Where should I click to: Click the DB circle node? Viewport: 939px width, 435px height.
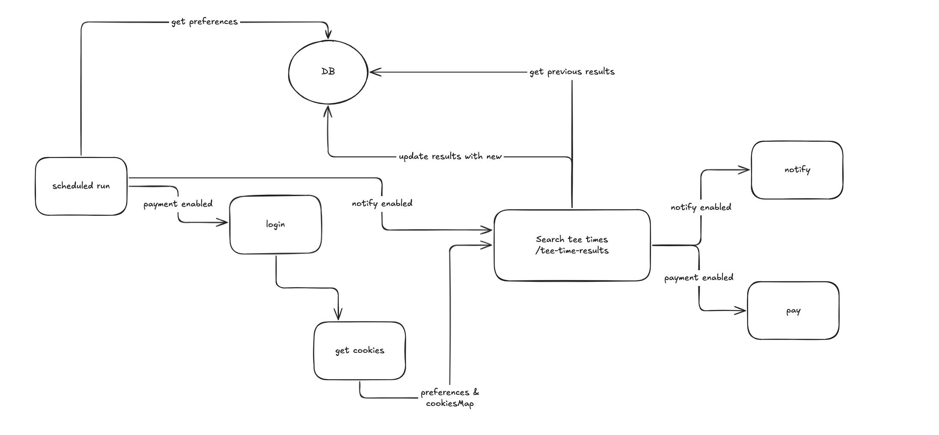point(328,72)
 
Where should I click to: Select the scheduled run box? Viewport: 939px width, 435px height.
point(81,186)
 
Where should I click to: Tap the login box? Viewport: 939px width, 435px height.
point(275,224)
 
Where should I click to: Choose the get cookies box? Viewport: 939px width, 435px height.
point(360,351)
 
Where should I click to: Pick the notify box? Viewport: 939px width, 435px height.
point(797,170)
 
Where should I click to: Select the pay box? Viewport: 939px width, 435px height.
point(793,311)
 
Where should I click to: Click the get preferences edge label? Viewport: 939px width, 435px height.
point(204,21)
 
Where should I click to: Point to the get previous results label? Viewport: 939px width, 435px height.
point(572,72)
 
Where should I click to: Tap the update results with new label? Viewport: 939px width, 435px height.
point(450,157)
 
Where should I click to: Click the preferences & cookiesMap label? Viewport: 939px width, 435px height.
point(450,398)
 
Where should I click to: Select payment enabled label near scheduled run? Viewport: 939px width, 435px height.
point(178,204)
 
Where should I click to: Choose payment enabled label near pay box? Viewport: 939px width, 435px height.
point(698,277)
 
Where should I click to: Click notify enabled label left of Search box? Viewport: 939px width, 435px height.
point(382,203)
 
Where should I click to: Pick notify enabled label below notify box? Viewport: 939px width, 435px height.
point(701,207)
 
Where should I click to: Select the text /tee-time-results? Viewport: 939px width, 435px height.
point(572,250)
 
